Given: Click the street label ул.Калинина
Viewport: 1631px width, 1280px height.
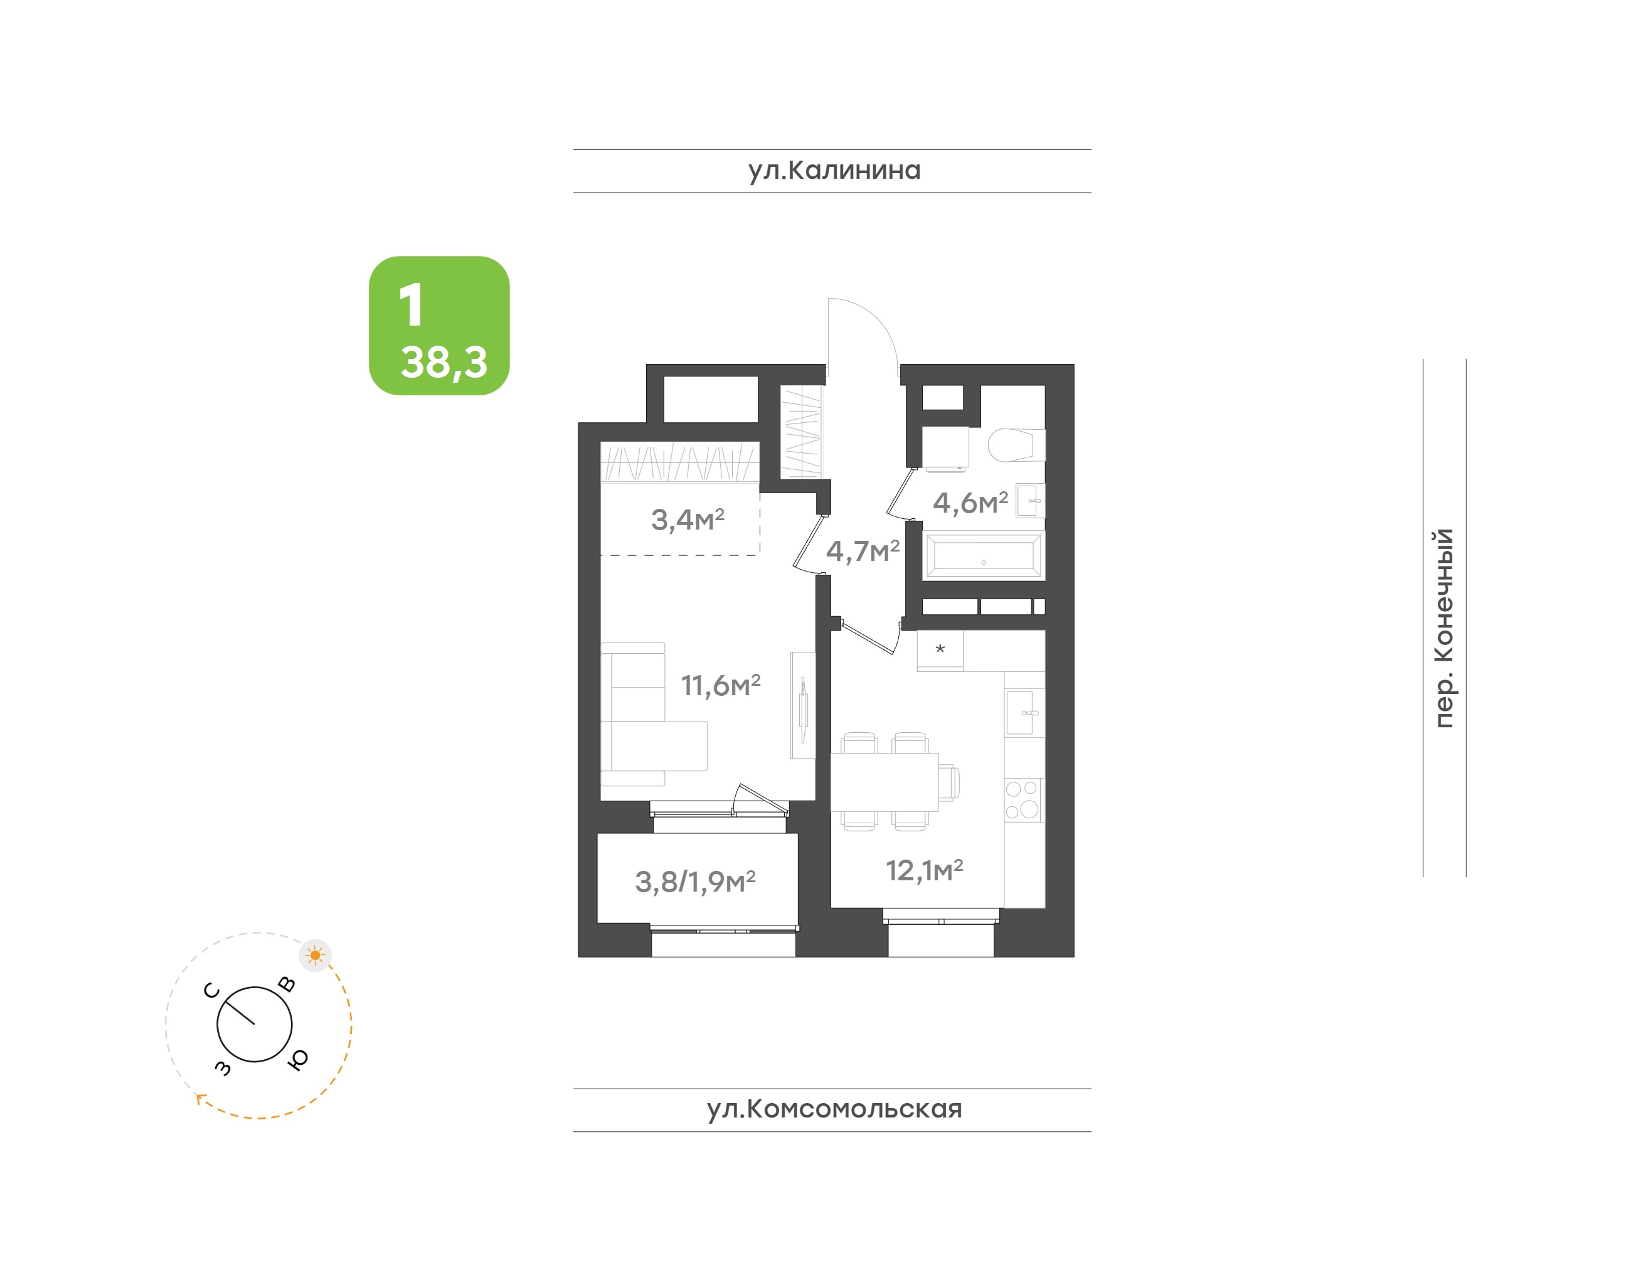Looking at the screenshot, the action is [x=834, y=171].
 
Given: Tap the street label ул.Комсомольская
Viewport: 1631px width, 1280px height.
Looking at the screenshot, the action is [x=834, y=1109].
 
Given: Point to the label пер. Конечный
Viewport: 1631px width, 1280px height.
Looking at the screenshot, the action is [x=1443, y=627].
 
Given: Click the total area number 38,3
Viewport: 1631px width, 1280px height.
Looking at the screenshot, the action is [x=444, y=362].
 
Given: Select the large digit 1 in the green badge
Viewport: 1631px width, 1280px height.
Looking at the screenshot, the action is [x=412, y=305].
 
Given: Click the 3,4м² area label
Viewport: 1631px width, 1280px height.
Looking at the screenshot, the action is [x=687, y=520].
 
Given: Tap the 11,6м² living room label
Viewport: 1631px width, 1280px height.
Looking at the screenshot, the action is [x=720, y=685].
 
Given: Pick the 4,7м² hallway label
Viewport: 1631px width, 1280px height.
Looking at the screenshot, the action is [x=863, y=551].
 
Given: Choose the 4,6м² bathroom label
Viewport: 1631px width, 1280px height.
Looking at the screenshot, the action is [x=970, y=502].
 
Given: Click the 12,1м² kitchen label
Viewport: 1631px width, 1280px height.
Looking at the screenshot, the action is [x=924, y=870].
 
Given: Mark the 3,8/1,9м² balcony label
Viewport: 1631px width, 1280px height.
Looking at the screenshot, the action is [x=694, y=882].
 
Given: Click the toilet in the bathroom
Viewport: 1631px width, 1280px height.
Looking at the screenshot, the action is [x=1016, y=445].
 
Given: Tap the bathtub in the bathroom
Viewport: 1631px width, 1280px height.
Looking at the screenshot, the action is [x=983, y=556].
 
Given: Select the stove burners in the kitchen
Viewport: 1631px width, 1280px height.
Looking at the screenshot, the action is [x=1023, y=799].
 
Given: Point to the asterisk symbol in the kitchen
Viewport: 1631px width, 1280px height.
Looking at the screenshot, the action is [x=940, y=649].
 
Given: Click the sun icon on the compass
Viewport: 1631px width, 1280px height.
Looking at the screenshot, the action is [x=315, y=956].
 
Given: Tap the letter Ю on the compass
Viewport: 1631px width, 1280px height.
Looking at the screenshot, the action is [x=297, y=1059].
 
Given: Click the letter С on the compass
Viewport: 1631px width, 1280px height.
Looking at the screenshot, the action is [x=212, y=991].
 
